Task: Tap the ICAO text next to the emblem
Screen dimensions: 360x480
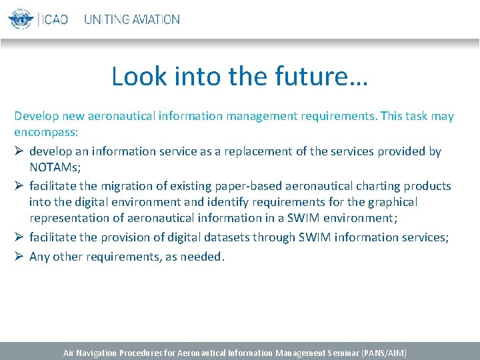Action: click(x=55, y=19)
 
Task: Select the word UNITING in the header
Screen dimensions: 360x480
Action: click(x=106, y=19)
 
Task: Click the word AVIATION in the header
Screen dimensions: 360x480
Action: click(x=155, y=19)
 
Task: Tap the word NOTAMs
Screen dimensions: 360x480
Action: click(x=53, y=167)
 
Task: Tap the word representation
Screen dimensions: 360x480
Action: click(x=69, y=218)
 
